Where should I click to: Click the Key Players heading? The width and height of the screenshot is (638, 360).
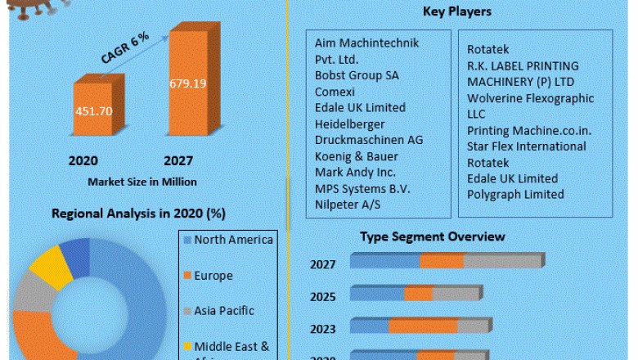click(x=456, y=11)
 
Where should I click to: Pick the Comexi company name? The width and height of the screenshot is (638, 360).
click(x=336, y=92)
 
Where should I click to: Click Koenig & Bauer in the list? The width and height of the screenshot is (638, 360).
click(x=356, y=156)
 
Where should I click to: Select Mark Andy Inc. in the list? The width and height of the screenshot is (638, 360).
click(x=355, y=173)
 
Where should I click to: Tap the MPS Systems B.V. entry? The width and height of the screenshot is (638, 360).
click(x=362, y=189)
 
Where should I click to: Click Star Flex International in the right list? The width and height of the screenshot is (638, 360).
click(x=527, y=146)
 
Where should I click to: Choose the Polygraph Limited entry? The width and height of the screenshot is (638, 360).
click(x=515, y=195)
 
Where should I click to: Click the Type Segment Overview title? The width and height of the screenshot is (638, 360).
click(x=433, y=236)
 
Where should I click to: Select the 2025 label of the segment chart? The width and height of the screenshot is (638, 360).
click(x=322, y=295)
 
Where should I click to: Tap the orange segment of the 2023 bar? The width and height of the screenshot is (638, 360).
click(x=423, y=326)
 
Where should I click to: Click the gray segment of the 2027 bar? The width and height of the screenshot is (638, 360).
click(x=503, y=262)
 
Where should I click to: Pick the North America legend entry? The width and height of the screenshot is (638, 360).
click(x=233, y=240)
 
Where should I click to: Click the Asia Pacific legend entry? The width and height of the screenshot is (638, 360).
click(x=224, y=311)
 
